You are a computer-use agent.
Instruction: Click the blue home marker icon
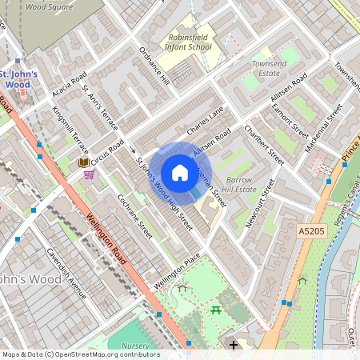coord(180,173)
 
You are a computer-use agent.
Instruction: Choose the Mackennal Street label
coord(323,120)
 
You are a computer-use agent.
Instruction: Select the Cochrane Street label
coord(134,216)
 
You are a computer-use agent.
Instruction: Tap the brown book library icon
coord(83,162)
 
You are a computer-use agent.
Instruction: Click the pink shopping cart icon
coord(89,174)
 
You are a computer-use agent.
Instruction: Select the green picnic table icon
coord(216,309)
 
